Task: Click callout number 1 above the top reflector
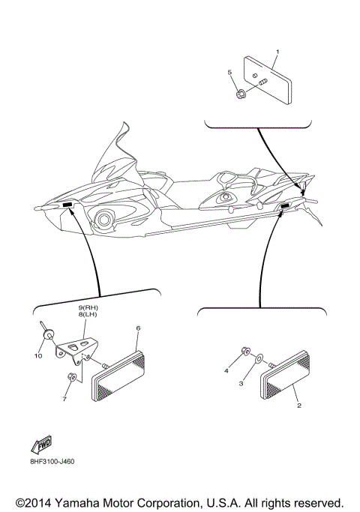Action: coord(277,52)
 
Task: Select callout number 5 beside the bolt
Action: coord(229,72)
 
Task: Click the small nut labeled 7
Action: coord(70,376)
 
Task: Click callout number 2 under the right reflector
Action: coord(299,406)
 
